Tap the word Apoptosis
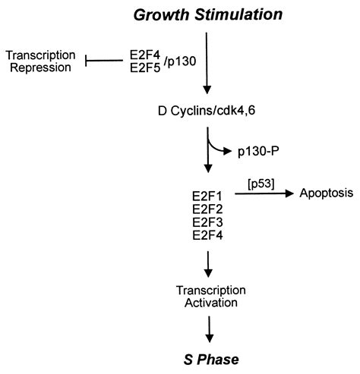(x=327, y=194)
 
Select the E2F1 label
(x=207, y=195)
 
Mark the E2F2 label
(x=207, y=208)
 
